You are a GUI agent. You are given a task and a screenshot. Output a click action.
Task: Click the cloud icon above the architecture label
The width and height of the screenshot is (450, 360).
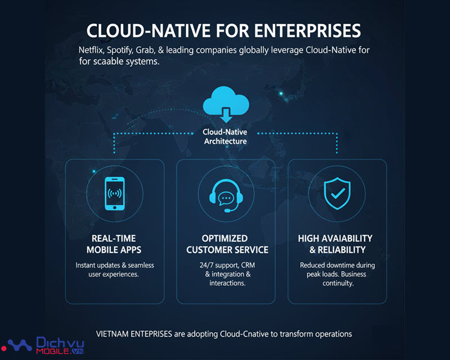[225, 100]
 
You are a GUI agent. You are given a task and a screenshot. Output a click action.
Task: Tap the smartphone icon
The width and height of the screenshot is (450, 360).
[115, 194]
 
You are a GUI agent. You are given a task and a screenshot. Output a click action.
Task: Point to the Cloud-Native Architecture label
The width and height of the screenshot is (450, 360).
[225, 137]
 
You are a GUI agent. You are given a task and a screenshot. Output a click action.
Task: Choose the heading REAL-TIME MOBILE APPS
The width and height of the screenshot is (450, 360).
[114, 244]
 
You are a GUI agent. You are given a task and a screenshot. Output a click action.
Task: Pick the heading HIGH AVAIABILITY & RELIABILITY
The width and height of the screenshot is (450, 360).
[335, 244]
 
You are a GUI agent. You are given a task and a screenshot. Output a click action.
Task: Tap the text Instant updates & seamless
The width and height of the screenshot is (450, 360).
[114, 265]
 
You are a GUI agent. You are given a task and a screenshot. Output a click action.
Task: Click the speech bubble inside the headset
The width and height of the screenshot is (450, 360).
[226, 197]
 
